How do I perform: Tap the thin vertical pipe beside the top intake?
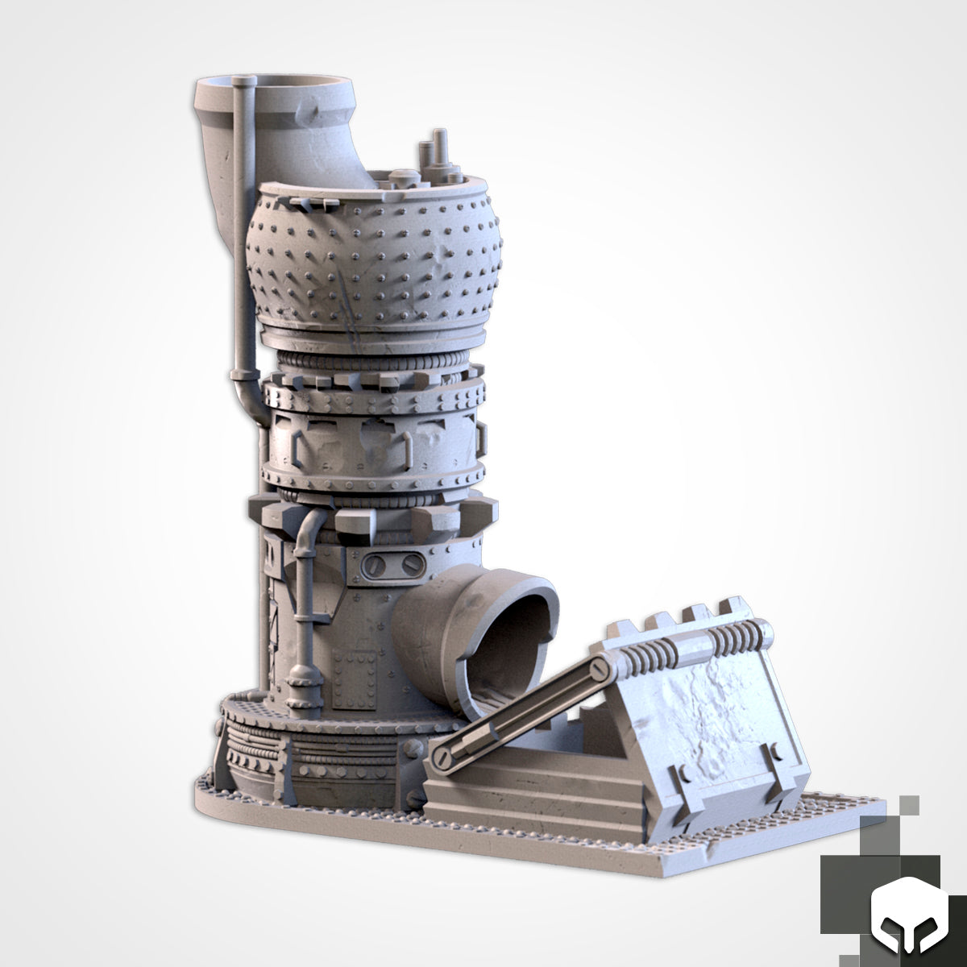pos(242,226)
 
